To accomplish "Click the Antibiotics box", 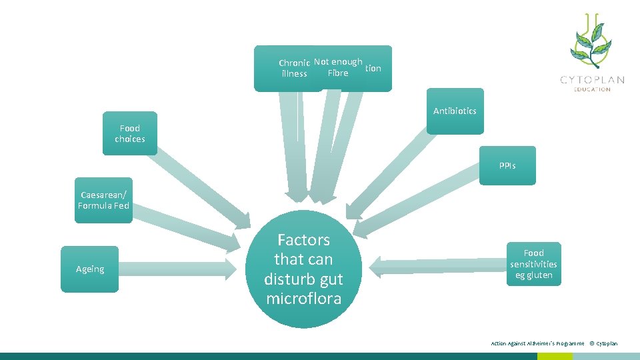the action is [455, 111].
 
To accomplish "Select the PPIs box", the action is [507, 165].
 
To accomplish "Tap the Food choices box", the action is [130, 133].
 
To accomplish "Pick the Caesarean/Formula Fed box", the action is [103, 200].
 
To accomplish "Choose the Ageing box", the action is [89, 269].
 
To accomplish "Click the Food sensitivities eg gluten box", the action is [533, 263].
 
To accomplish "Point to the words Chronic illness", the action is [294, 69].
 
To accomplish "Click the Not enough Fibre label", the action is [338, 67].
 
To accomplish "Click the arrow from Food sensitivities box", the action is [440, 267].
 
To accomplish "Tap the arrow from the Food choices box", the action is [200, 187].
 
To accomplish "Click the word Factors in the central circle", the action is [303, 240].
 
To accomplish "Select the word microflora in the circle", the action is [303, 298].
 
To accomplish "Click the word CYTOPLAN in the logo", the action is [592, 80].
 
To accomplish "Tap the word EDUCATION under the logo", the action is [592, 89].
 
